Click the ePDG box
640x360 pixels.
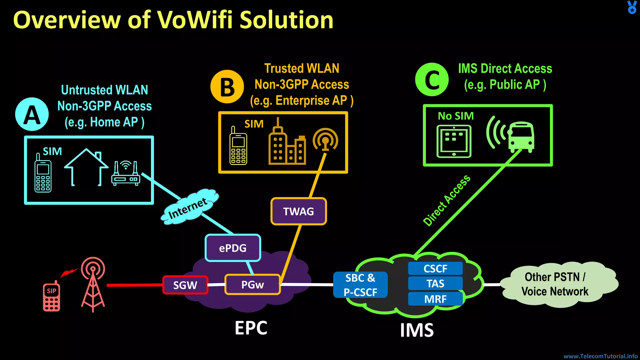233,248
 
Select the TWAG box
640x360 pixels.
298,211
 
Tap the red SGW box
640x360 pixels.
185,285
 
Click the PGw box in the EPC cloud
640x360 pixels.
252,285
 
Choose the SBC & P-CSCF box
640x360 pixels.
360,285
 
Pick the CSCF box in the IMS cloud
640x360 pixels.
435,268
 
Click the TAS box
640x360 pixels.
435,283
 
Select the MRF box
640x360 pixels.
435,299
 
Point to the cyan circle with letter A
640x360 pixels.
32,114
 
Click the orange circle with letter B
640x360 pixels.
227,87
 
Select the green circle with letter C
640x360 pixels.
432,80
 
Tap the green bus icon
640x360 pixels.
520,137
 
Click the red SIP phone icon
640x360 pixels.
52,297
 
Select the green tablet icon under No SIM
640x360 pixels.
454,141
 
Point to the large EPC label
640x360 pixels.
251,328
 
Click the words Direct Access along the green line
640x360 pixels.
447,200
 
